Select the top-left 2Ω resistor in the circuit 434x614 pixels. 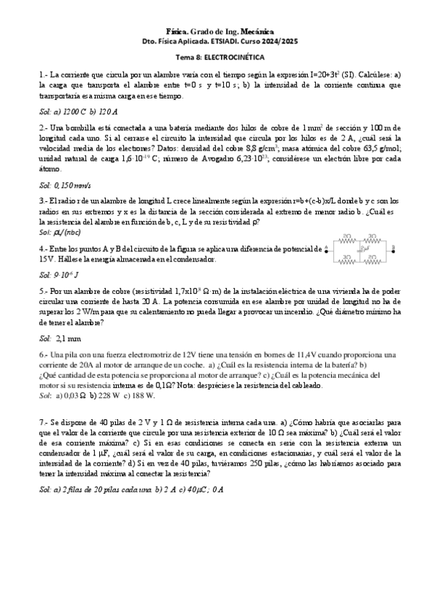348,237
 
